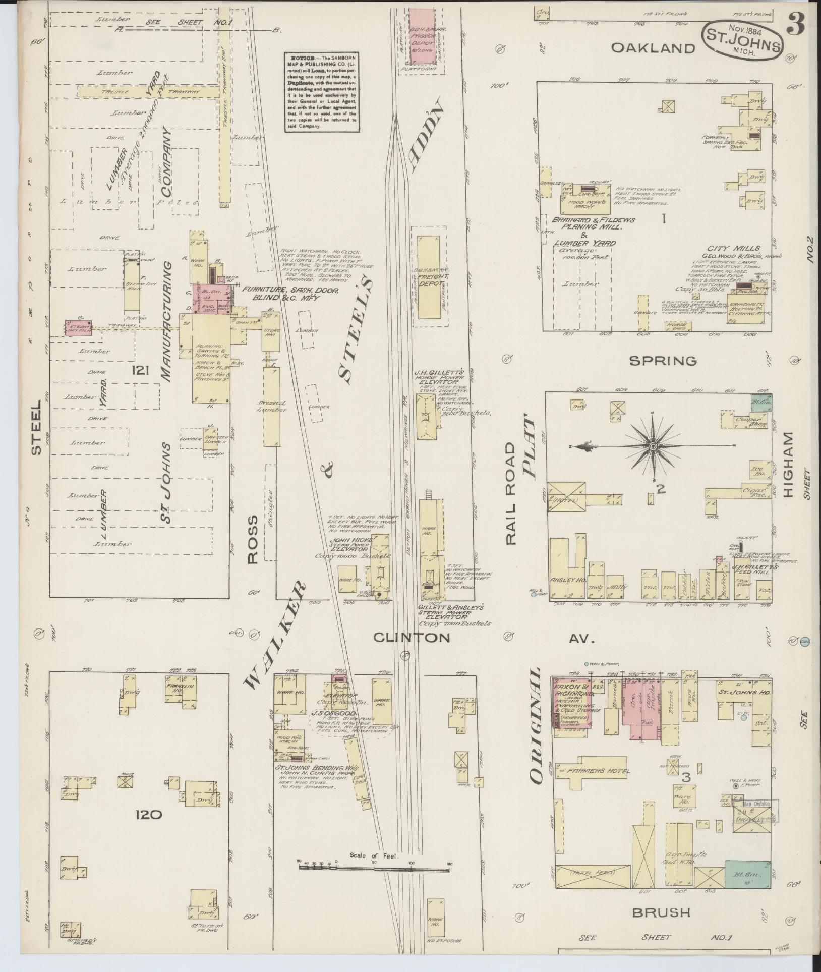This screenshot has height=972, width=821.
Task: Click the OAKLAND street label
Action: [x=653, y=48]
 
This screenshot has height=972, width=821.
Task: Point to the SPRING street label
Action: [x=663, y=361]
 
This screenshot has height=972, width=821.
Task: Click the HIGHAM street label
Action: [x=789, y=465]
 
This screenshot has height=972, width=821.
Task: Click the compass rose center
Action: [x=653, y=446]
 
